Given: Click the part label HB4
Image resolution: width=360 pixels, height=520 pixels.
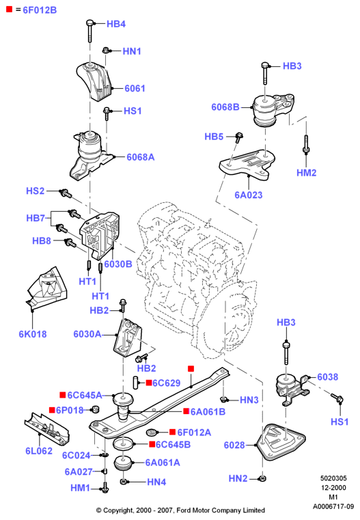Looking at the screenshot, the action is [x=116, y=24].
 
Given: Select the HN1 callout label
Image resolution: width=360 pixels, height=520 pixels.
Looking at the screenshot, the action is [x=132, y=51].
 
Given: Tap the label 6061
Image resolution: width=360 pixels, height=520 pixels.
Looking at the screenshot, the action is [x=135, y=89].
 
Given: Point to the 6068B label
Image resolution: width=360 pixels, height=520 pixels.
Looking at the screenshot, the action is [x=225, y=107].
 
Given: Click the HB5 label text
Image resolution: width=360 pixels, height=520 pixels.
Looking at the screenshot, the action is [x=214, y=137].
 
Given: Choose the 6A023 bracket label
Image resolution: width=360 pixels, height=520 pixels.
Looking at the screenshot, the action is [x=249, y=195].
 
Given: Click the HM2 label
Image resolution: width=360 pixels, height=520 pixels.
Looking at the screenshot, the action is [x=307, y=173].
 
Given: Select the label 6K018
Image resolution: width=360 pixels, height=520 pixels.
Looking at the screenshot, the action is [x=33, y=334].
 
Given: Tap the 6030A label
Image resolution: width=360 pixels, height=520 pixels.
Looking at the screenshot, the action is [x=87, y=334].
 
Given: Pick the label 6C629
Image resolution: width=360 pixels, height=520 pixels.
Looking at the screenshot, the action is [x=167, y=383].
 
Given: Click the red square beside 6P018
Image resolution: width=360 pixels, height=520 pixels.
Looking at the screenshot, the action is [x=52, y=410].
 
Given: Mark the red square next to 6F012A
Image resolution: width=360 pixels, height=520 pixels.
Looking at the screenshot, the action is [x=172, y=432].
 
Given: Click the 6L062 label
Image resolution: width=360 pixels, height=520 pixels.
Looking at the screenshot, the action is [x=39, y=451].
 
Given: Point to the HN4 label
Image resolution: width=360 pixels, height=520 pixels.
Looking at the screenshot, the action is [x=156, y=482].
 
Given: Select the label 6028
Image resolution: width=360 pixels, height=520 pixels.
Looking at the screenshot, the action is [x=234, y=445].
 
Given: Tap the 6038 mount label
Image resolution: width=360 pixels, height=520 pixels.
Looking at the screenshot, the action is [x=328, y=377].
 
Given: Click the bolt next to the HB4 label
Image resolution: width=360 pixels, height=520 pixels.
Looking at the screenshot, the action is [x=90, y=31].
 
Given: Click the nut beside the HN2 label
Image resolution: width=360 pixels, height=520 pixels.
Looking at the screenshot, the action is [x=262, y=478].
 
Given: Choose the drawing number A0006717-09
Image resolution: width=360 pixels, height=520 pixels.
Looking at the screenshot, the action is [x=333, y=506].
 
